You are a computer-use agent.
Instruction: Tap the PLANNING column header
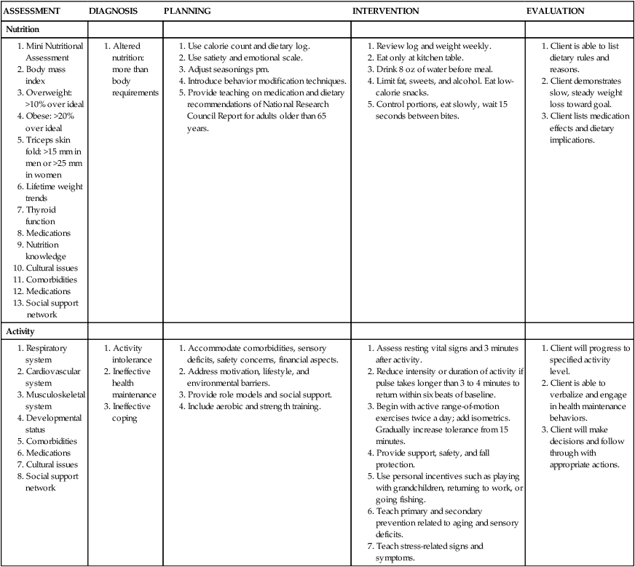click(x=187, y=12)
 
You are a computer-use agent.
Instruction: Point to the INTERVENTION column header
click(x=386, y=12)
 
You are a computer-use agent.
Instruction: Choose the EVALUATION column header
click(x=555, y=12)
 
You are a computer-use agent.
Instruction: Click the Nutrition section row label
click(x=23, y=29)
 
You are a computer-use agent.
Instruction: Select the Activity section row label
click(x=21, y=331)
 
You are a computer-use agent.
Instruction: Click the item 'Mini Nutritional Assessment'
click(x=52, y=52)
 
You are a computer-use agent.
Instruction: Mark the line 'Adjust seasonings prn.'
click(x=229, y=69)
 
